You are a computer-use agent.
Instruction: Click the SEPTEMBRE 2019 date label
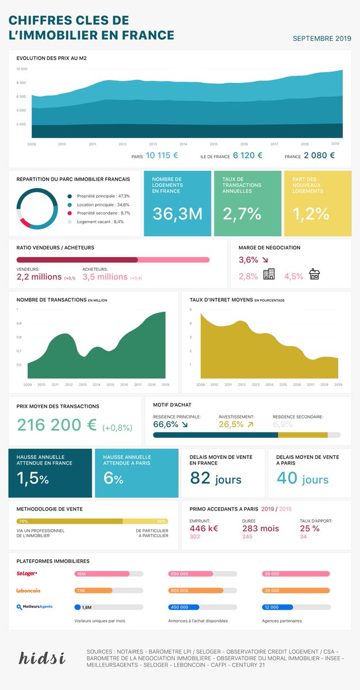pyautogui.click(x=321, y=39)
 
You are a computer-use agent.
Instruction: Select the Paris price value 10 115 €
pyautogui.click(x=162, y=155)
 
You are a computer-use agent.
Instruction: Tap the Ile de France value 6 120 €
pyautogui.click(x=247, y=155)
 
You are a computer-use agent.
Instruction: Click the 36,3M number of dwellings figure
pyautogui.click(x=177, y=214)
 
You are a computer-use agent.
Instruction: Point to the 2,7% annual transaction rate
pyautogui.click(x=242, y=214)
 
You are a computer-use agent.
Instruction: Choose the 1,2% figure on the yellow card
pyautogui.click(x=311, y=214)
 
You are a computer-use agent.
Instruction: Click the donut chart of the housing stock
pyautogui.click(x=36, y=209)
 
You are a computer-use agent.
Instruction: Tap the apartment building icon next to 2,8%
pyautogui.click(x=269, y=274)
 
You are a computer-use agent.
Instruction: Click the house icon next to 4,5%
pyautogui.click(x=314, y=274)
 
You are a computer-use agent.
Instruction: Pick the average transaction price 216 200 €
pyautogui.click(x=56, y=425)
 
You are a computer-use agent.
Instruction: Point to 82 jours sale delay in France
pyautogui.click(x=216, y=478)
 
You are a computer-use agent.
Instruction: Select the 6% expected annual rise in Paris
pyautogui.click(x=113, y=478)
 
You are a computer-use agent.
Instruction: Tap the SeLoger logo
pyautogui.click(x=27, y=574)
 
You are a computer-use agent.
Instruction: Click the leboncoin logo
pyautogui.click(x=28, y=591)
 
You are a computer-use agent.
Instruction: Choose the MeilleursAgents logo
pyautogui.click(x=35, y=607)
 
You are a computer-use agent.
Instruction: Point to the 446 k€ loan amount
pyautogui.click(x=204, y=528)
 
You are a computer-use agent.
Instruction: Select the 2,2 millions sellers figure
pyautogui.click(x=39, y=277)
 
